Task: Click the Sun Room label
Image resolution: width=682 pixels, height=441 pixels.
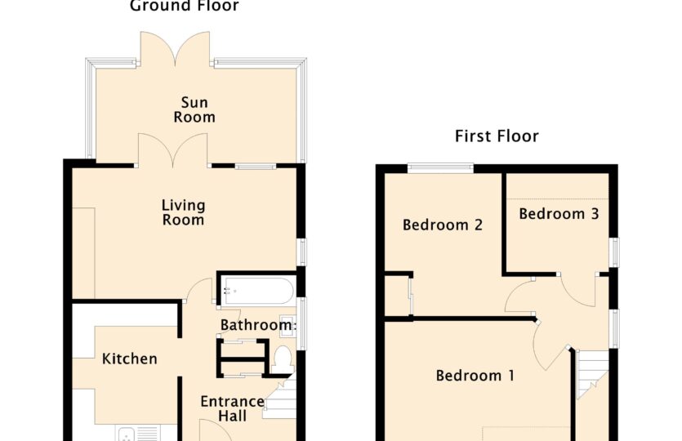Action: [x=194, y=109]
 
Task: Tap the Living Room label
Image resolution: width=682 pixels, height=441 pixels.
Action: [x=183, y=212]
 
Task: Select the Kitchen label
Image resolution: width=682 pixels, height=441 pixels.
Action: [x=130, y=359]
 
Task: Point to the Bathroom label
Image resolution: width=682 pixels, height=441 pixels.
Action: [x=258, y=325]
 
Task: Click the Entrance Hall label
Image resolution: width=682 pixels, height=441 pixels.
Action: [x=232, y=408]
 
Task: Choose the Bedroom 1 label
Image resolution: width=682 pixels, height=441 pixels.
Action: [x=475, y=376]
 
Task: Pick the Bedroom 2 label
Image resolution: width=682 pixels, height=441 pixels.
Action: [x=443, y=225]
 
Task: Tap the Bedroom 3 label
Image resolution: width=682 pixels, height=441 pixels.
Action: [x=559, y=213]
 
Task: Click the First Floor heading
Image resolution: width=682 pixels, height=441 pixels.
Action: [x=497, y=136]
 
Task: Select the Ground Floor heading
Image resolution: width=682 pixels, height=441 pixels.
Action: [x=185, y=6]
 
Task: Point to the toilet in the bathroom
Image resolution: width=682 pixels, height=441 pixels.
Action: [x=283, y=359]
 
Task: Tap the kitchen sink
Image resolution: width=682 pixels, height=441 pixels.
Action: [x=138, y=434]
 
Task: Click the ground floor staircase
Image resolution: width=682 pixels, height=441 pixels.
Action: [x=279, y=398]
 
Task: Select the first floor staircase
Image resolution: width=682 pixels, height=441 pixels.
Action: [x=591, y=374]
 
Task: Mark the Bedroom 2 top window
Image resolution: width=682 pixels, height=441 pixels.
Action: [x=440, y=168]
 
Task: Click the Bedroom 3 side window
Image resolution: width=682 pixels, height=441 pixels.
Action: [x=613, y=252]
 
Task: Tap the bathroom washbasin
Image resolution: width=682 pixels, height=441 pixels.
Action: [x=287, y=325]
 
